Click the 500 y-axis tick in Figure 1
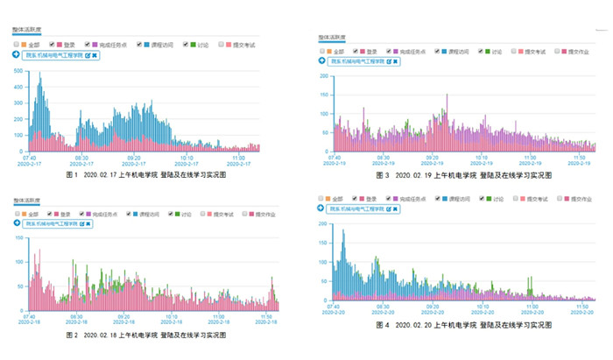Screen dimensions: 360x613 pos(19,73)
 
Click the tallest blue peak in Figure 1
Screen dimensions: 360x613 pos(40,76)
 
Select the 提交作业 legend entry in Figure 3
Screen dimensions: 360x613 pos(577,51)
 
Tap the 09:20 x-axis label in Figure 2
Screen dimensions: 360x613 pos(130,316)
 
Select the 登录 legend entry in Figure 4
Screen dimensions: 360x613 pos(367,199)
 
